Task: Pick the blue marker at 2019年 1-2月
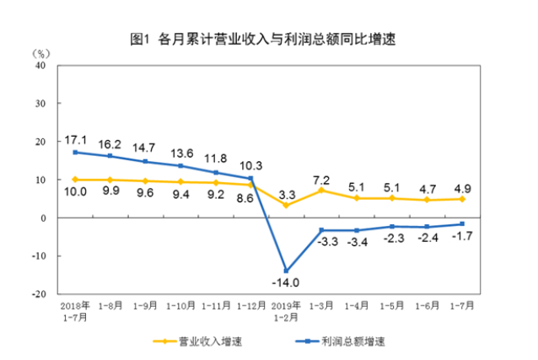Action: (x=287, y=271)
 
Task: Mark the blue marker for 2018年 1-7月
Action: (x=76, y=153)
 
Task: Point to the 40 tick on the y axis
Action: (x=40, y=66)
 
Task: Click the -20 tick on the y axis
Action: (x=38, y=294)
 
